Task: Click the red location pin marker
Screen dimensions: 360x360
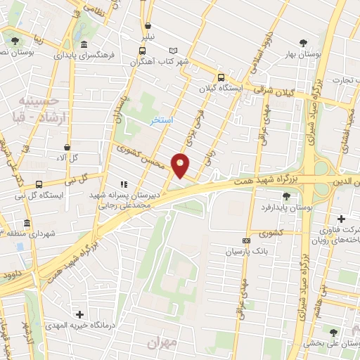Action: point(181,165)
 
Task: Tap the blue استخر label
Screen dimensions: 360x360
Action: point(162,121)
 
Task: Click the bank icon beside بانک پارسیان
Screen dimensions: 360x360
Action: point(246,240)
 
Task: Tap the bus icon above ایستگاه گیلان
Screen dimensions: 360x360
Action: point(221,78)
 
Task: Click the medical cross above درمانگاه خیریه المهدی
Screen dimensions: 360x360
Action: point(79,314)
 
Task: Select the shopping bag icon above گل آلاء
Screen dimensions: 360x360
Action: point(67,148)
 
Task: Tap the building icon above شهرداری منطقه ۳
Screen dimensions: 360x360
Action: point(27,224)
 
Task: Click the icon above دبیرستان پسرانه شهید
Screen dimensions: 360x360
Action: point(124,184)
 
